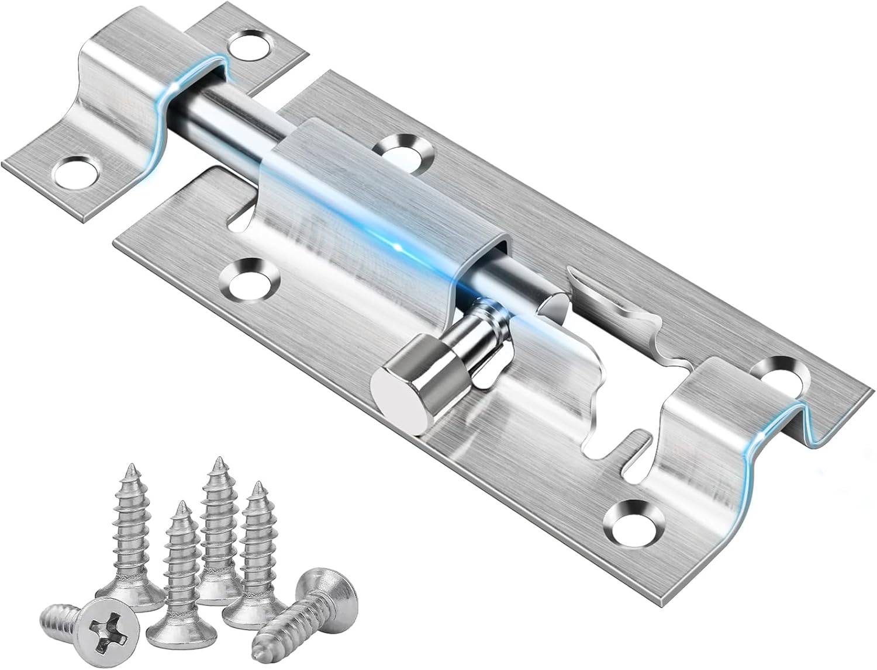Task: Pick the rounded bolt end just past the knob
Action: (553, 304)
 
